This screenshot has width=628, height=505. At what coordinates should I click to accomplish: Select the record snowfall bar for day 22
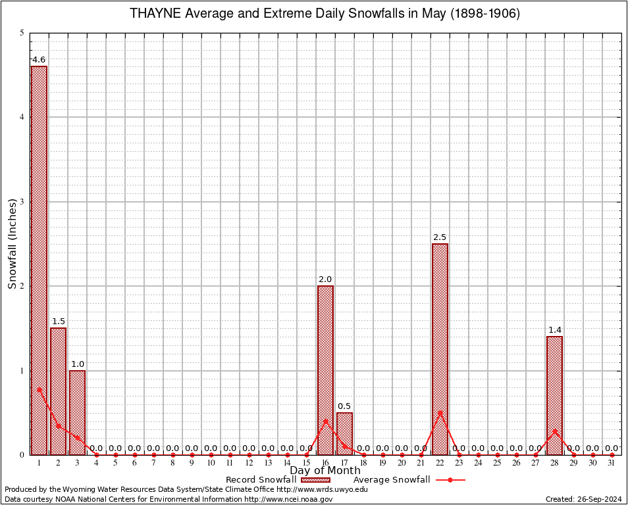[x=440, y=349]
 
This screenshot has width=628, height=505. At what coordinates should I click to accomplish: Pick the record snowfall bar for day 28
[x=554, y=395]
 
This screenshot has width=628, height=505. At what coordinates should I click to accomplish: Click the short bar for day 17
[x=344, y=433]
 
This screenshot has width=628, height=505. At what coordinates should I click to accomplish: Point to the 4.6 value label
[x=39, y=60]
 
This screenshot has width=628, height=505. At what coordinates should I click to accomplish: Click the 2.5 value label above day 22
[x=440, y=237]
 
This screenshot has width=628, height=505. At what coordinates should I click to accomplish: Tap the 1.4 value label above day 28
[x=554, y=330]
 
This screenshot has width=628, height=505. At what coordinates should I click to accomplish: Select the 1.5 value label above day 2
[x=58, y=322]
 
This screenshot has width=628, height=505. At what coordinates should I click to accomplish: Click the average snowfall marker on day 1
[x=39, y=389]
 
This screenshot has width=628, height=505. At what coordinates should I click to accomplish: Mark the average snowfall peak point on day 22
[x=440, y=412]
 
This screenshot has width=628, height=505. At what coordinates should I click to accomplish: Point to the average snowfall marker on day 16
[x=325, y=421]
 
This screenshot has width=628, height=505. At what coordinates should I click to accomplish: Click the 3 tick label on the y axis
[x=22, y=202]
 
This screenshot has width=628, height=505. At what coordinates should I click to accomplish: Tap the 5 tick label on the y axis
[x=22, y=33]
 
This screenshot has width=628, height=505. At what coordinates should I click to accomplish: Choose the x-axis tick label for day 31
[x=612, y=464]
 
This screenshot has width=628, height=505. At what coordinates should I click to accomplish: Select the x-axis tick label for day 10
[x=211, y=464]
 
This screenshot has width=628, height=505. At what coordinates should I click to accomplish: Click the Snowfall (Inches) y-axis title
[x=13, y=243]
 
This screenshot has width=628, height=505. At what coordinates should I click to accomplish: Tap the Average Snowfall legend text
[x=391, y=480]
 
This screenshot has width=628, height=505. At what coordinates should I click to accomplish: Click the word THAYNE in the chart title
[x=154, y=14]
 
